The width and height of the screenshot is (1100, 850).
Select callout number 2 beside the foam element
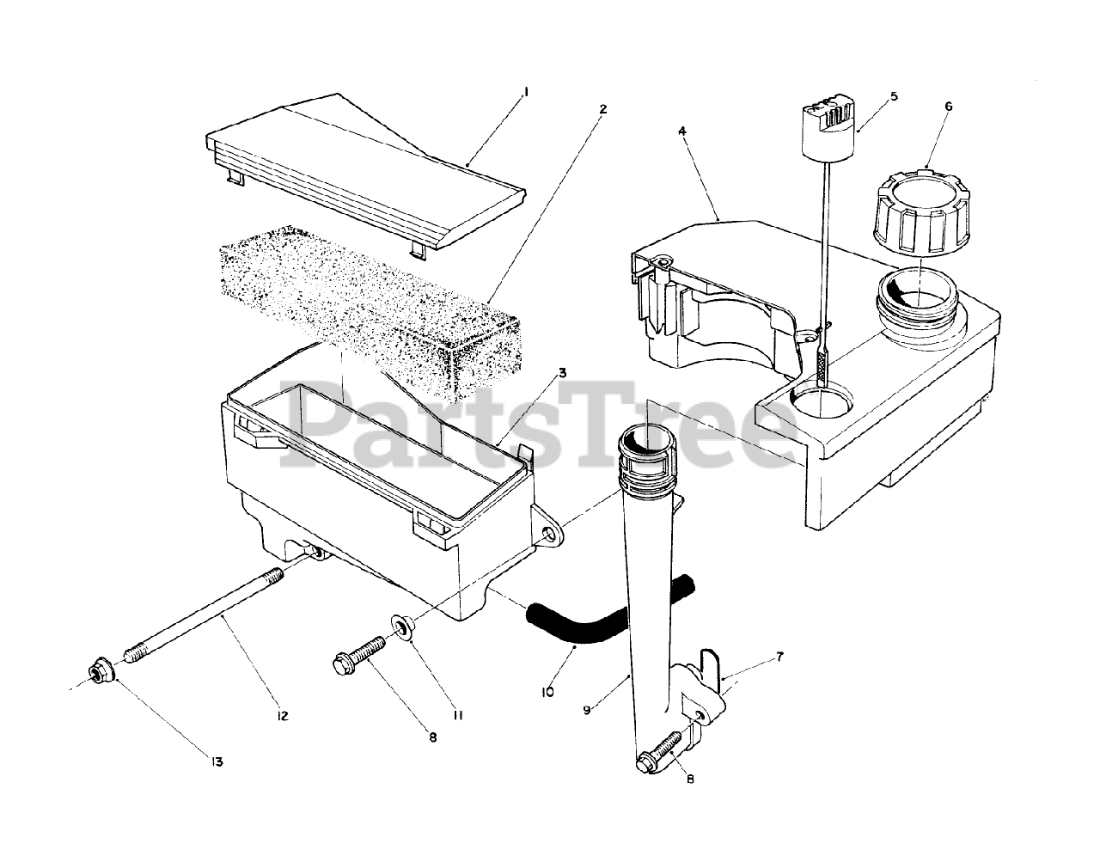(x=603, y=109)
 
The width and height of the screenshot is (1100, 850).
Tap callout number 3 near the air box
(x=585, y=373)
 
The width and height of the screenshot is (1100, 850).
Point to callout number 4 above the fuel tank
(x=681, y=131)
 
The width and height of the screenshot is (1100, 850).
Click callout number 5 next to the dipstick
(x=893, y=96)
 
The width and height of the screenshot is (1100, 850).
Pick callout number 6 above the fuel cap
(x=948, y=107)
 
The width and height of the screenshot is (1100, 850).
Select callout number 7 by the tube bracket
(x=779, y=657)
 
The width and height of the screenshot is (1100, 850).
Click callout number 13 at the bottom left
(x=216, y=761)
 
